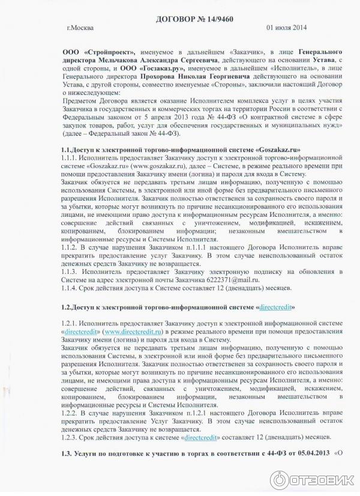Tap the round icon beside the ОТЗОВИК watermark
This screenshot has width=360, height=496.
pyautogui.click(x=280, y=480)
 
